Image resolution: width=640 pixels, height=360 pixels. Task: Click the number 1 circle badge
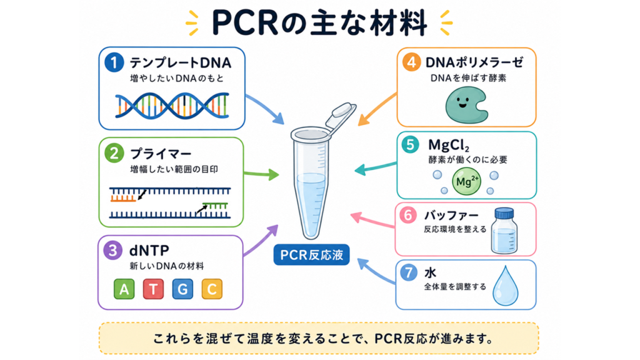(x=114, y=62)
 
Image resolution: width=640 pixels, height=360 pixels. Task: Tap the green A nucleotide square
(x=124, y=289)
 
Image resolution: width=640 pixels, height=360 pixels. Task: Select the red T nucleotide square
(x=154, y=289)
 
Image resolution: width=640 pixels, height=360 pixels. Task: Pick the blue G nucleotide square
(x=182, y=289)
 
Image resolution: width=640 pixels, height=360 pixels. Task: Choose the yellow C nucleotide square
(x=212, y=289)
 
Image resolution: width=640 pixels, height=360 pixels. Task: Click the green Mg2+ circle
(x=466, y=181)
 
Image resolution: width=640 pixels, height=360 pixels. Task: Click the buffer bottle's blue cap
(x=504, y=214)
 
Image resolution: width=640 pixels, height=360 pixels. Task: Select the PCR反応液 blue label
(x=311, y=255)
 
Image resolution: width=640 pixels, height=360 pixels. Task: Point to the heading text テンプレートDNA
(x=181, y=63)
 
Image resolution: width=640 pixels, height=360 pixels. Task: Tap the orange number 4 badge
(x=411, y=62)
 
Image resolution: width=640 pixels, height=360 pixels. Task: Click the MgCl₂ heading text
(x=448, y=145)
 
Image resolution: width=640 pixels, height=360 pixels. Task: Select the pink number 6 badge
(x=408, y=215)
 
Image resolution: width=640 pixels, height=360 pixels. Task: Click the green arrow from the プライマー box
(x=261, y=174)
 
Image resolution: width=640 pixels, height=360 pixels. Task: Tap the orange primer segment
(x=123, y=198)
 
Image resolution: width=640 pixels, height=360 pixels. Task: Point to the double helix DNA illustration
(x=172, y=105)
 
